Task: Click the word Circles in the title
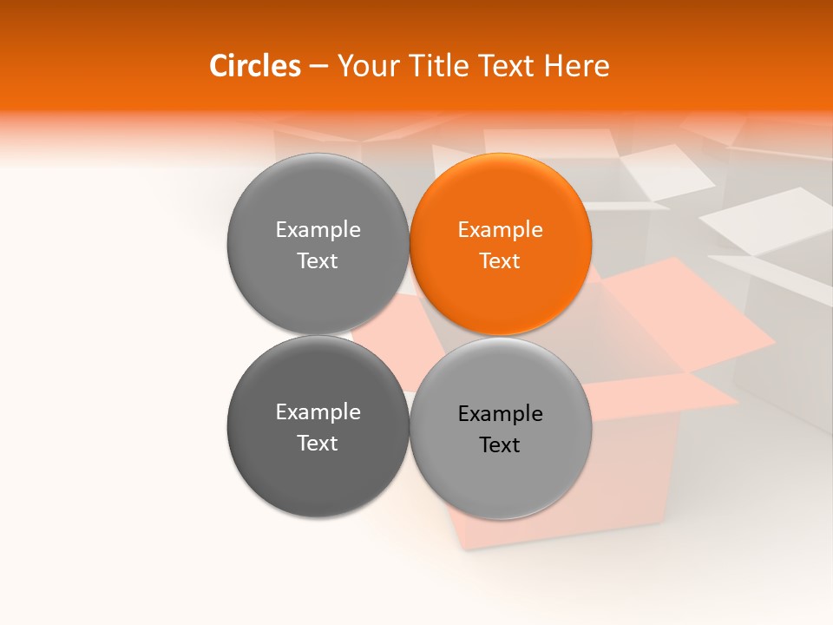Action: [x=254, y=66]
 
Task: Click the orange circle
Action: [x=500, y=244]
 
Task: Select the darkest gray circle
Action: [x=318, y=426]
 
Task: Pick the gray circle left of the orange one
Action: [x=318, y=244]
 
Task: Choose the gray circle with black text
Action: [x=500, y=428]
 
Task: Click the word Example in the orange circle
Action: [x=500, y=230]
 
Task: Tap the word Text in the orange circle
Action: [x=500, y=261]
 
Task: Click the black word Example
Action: [x=500, y=414]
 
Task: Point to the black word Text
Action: [x=500, y=445]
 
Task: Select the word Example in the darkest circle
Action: [x=318, y=412]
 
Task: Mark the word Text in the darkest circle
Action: [x=318, y=444]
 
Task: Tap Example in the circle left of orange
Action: [x=318, y=230]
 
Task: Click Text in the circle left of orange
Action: [x=318, y=261]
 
